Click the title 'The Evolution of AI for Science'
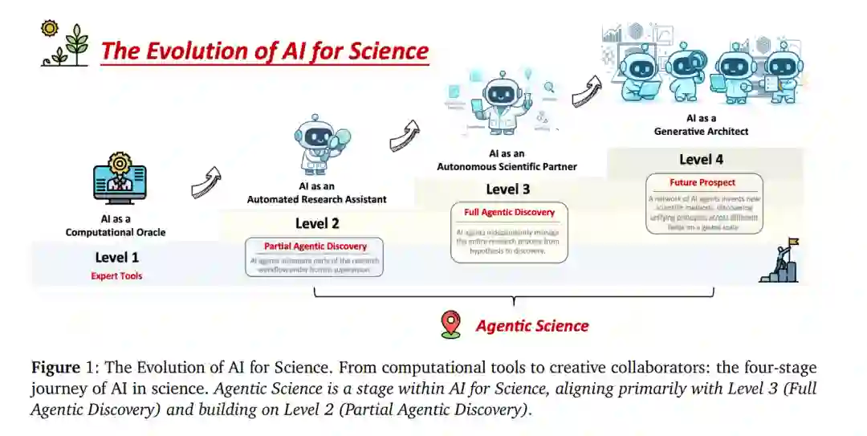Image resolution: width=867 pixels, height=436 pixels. point(265,51)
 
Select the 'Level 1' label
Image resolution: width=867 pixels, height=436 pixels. point(117,257)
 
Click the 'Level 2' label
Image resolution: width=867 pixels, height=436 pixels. point(317,223)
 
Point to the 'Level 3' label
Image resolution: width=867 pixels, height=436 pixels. point(508,189)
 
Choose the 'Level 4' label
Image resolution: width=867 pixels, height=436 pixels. point(701,159)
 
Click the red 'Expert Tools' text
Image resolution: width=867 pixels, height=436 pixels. point(117,276)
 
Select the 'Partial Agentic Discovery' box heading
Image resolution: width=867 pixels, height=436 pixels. point(315,247)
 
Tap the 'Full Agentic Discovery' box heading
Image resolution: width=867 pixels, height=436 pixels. point(509,212)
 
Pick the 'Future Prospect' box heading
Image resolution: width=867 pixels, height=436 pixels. point(702,182)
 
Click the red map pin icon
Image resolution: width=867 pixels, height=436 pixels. point(450,324)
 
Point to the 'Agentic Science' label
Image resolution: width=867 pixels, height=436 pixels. point(532,326)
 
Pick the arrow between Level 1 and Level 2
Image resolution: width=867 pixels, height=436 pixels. point(206,183)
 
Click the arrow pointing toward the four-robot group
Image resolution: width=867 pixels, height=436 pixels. point(587,92)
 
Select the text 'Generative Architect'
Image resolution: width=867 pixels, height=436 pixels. point(702,132)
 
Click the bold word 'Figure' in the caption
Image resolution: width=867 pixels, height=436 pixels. point(55,369)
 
